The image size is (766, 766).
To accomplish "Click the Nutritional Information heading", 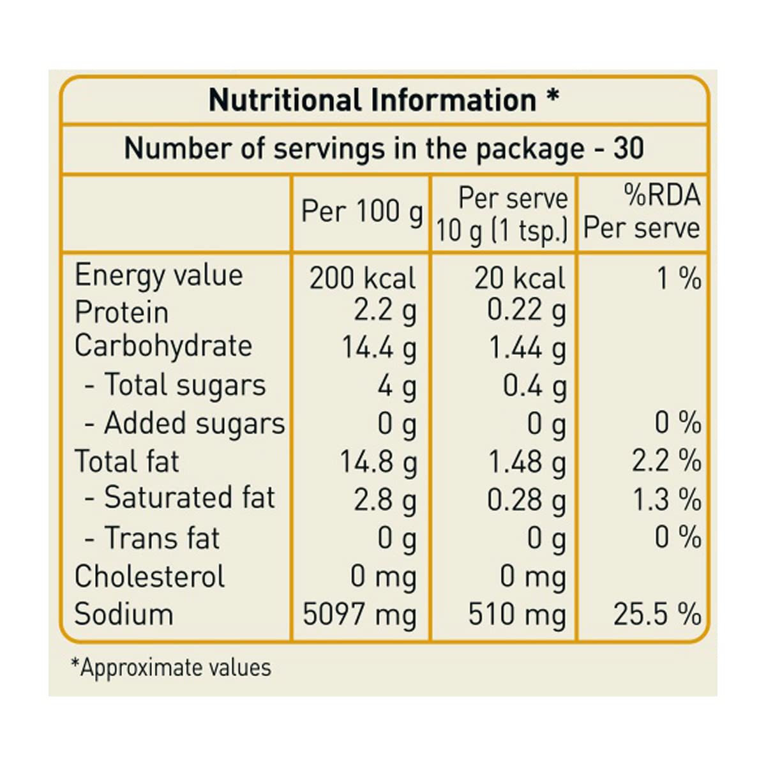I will pyautogui.click(x=384, y=100).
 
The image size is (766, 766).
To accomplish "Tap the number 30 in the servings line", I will pyautogui.click(x=628, y=149).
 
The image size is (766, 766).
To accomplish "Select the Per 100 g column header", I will pyautogui.click(x=362, y=211).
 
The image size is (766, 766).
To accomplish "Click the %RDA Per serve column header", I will pyautogui.click(x=642, y=212).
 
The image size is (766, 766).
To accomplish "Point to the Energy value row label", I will pyautogui.click(x=159, y=276).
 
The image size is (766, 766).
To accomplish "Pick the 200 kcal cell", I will pyautogui.click(x=362, y=278).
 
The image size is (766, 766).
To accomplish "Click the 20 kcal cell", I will pyautogui.click(x=520, y=278).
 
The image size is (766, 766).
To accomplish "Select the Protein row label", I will pyautogui.click(x=122, y=313).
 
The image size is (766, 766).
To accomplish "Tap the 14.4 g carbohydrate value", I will pyautogui.click(x=379, y=348).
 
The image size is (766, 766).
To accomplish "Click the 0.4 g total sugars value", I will pyautogui.click(x=534, y=386).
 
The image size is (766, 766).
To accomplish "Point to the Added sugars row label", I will pyautogui.click(x=185, y=424).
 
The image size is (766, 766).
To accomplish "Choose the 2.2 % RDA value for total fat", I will pyautogui.click(x=666, y=462).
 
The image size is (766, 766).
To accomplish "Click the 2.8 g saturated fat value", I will pyautogui.click(x=385, y=500).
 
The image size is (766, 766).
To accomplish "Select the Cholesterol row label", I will pyautogui.click(x=150, y=576).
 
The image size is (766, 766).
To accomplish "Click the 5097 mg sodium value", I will pyautogui.click(x=359, y=615).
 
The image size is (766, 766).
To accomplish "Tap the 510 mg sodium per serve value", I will pyautogui.click(x=517, y=615).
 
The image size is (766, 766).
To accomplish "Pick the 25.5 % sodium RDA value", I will pyautogui.click(x=657, y=615).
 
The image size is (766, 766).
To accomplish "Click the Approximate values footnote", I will pyautogui.click(x=171, y=668).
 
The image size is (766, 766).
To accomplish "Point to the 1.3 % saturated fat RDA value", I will pyautogui.click(x=666, y=500).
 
